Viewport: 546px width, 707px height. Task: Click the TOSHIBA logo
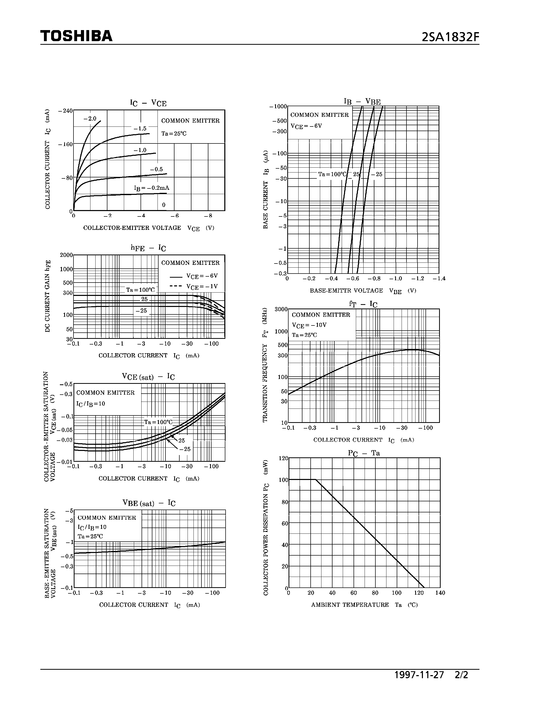(76, 36)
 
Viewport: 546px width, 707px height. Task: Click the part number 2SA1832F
(450, 38)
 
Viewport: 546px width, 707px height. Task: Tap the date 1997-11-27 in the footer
(419, 675)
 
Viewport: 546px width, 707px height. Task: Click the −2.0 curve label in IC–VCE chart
(90, 119)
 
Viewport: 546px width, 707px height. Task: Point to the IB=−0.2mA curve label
(151, 188)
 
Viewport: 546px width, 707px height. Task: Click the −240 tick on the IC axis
(65, 111)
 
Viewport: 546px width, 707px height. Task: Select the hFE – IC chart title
(148, 248)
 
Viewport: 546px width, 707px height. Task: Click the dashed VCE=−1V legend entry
(193, 286)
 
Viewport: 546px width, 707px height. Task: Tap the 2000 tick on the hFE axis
(66, 255)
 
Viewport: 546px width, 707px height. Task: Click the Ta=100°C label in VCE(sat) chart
(158, 422)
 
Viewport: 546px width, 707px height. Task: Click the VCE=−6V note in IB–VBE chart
(306, 126)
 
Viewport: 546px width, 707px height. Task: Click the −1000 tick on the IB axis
(278, 106)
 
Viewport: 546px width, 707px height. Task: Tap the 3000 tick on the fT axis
(281, 309)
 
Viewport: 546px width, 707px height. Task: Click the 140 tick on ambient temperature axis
(440, 593)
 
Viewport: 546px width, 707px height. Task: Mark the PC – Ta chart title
(364, 453)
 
